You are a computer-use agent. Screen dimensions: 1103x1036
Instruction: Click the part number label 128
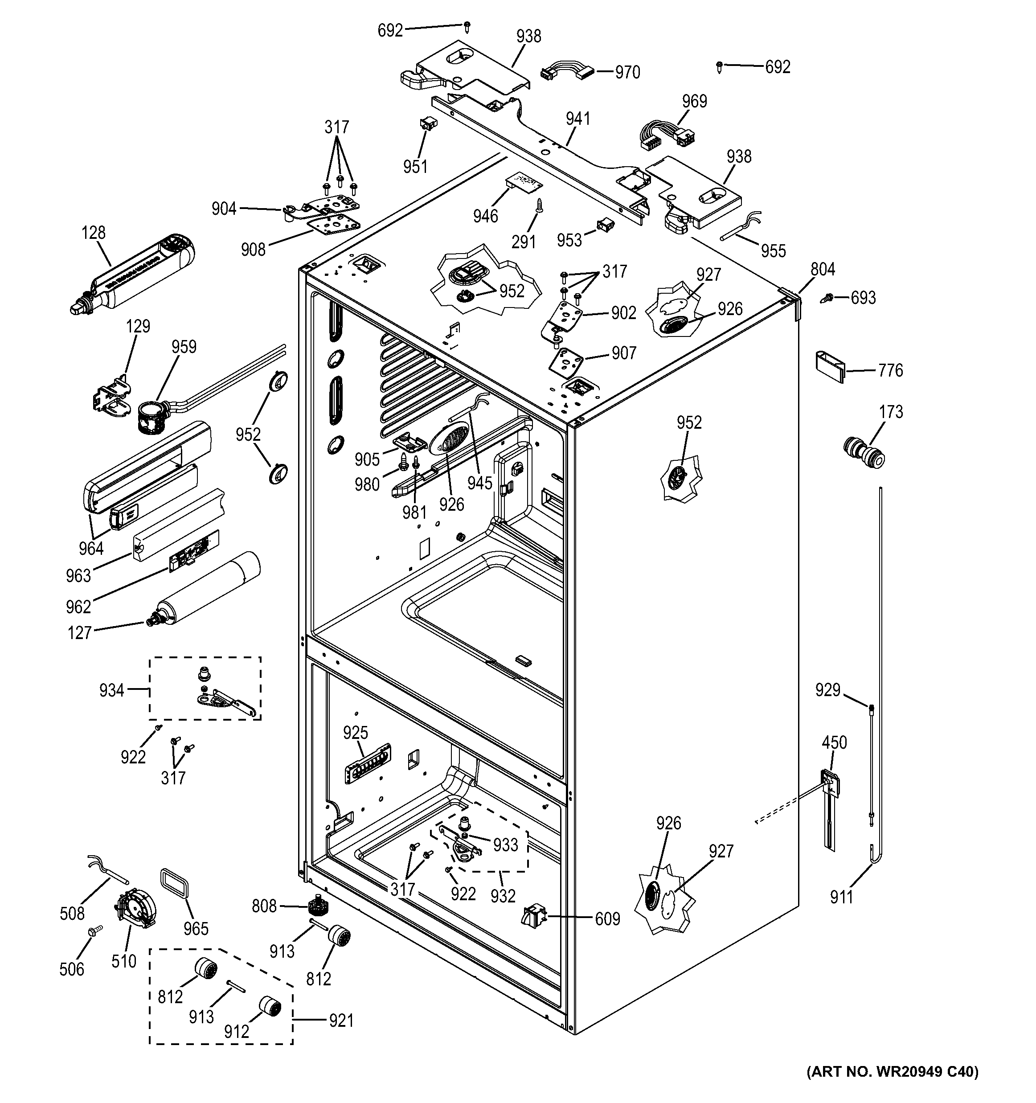pyautogui.click(x=93, y=233)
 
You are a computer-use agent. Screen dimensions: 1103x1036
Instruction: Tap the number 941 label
pyautogui.click(x=578, y=119)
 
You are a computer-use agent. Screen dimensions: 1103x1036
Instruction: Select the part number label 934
pyautogui.click(x=111, y=690)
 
